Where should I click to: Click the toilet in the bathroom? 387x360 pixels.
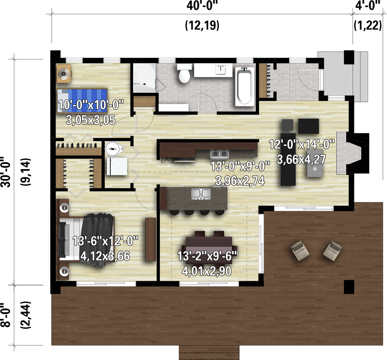tap(184, 74)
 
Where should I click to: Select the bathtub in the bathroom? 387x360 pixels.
tap(244, 87)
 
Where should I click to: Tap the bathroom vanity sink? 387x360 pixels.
tap(220, 70)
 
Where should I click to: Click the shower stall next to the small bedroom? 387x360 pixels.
tap(144, 78)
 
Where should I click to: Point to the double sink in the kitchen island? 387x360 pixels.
tap(201, 194)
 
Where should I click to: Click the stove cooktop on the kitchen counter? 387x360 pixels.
tap(220, 153)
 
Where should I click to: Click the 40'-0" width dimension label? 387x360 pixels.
tap(202, 6)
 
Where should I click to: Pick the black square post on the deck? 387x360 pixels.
tap(348, 287)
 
